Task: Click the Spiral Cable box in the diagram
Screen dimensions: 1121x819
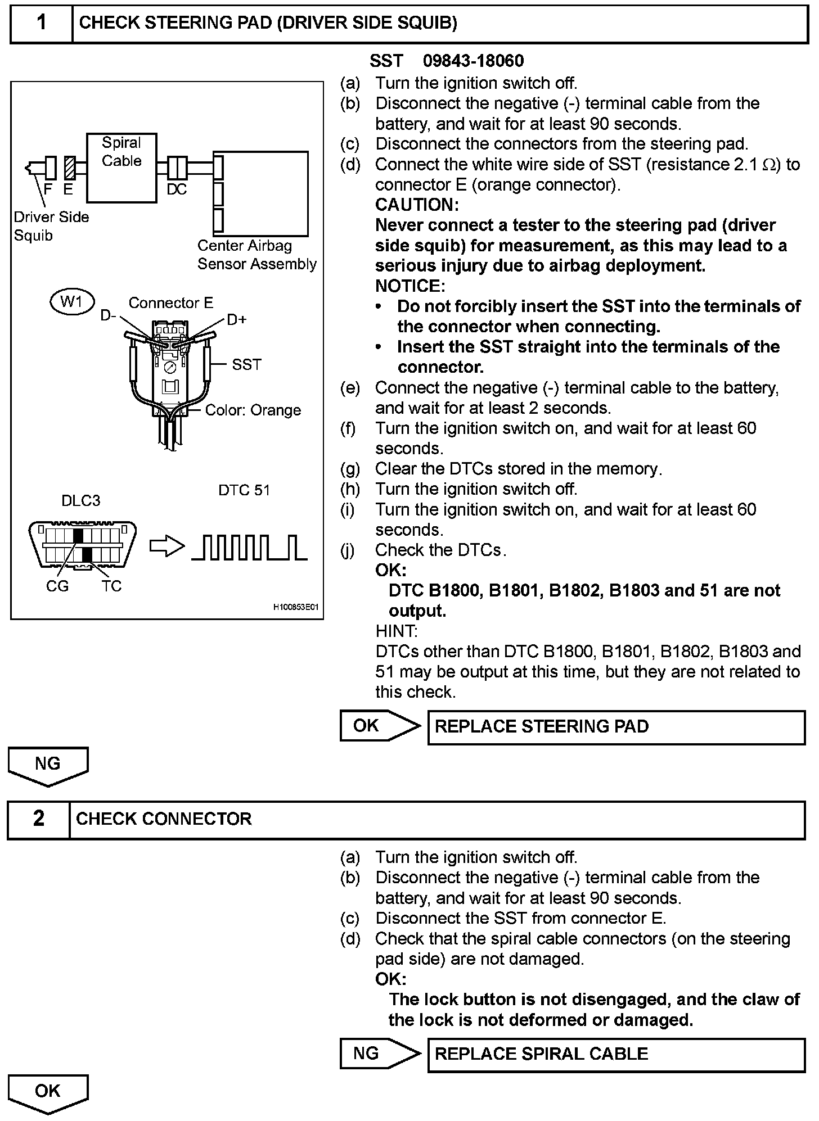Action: (121, 168)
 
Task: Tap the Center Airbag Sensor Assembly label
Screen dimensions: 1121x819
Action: (256, 255)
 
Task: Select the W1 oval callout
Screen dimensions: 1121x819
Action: (72, 302)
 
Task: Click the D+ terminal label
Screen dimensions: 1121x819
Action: (237, 319)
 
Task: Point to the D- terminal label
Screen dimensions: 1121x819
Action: (108, 316)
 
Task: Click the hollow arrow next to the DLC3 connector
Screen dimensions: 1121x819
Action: (167, 546)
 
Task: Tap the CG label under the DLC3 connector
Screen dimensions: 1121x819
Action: (57, 586)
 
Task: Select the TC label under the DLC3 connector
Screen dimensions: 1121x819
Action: (111, 586)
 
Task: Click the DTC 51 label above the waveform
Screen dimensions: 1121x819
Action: (244, 490)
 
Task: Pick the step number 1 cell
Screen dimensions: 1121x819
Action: (42, 23)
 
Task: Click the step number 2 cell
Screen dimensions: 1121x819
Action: (39, 819)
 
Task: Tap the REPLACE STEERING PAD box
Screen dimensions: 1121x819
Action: (616, 727)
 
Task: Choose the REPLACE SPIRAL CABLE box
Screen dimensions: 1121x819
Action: (616, 1054)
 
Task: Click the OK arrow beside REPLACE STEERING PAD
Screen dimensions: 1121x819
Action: (379, 726)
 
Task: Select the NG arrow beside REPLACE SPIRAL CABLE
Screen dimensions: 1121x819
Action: (379, 1054)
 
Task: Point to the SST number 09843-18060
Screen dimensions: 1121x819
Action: (474, 61)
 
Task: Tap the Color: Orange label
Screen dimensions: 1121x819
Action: (253, 410)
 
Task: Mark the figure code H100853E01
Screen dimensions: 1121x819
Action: (296, 608)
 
